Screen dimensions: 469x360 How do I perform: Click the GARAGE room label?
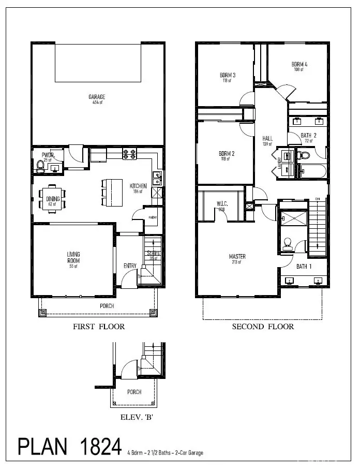pos(97,97)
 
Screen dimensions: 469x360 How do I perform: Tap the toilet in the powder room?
pos(40,166)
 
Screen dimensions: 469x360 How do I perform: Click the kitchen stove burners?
pos(129,154)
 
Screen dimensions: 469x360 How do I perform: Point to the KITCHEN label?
pos(138,186)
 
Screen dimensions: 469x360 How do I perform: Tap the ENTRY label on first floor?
pos(130,266)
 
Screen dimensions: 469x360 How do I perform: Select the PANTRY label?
pos(153,218)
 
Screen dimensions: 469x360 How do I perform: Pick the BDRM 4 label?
pos(298,64)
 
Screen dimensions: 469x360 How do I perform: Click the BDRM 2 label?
pos(227,154)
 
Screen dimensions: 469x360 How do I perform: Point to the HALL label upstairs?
pos(267,138)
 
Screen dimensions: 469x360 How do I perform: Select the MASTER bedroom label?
pos(237,256)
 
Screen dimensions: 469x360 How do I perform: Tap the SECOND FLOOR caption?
pos(263,327)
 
